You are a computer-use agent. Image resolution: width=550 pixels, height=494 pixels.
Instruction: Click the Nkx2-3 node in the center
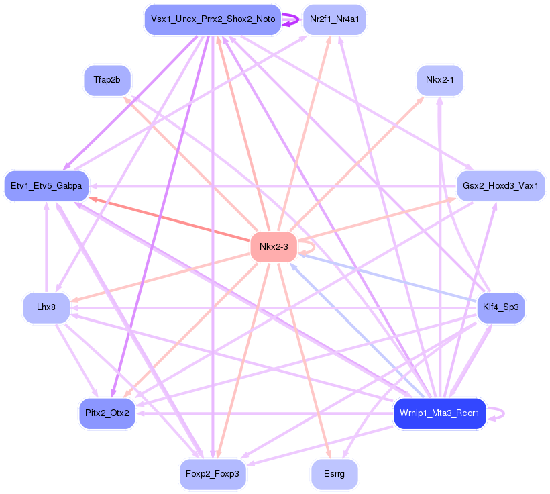point(274,247)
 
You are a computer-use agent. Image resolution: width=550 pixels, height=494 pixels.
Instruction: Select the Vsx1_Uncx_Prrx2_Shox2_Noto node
point(212,19)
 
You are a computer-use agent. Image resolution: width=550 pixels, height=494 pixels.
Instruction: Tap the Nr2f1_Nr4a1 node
point(334,19)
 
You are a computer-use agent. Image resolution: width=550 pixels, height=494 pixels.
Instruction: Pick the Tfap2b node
point(107,80)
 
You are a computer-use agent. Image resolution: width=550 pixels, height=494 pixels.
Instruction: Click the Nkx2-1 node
point(440,81)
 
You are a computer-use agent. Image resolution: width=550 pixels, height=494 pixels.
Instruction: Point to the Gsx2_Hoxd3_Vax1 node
point(500,185)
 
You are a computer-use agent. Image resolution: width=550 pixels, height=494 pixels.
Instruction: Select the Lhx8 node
point(46,307)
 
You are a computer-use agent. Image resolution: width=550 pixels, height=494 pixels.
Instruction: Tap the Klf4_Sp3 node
point(500,307)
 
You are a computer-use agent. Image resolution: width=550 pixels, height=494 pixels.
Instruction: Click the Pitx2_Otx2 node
point(107,413)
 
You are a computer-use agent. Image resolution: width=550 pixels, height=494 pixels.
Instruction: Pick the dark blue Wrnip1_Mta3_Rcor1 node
point(439,413)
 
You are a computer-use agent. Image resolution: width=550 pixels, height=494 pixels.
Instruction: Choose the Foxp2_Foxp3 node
point(213,474)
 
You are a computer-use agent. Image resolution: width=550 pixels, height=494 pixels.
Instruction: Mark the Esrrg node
point(334,474)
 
